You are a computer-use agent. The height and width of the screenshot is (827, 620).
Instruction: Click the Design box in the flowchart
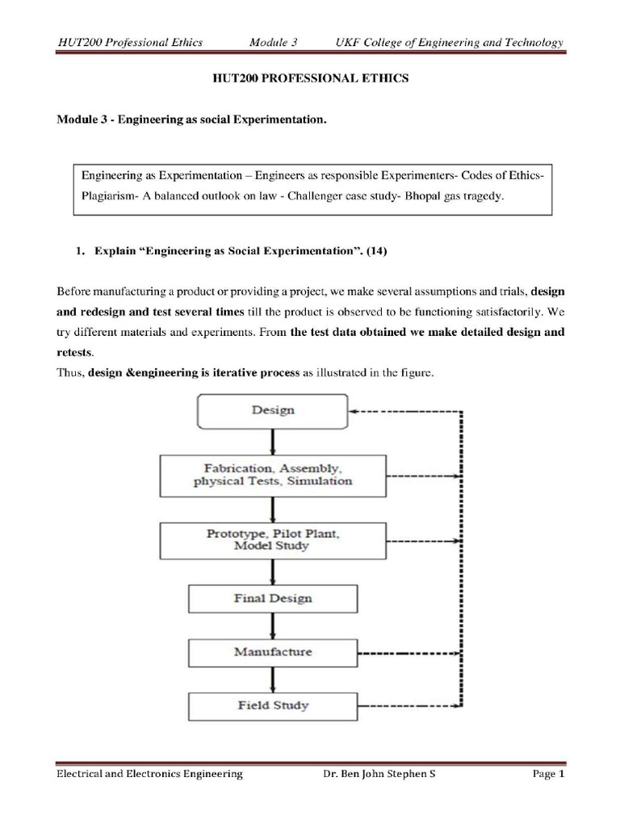pos(273,410)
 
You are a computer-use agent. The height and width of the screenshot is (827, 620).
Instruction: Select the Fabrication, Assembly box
pos(273,475)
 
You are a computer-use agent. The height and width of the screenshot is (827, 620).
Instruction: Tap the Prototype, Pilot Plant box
pos(273,539)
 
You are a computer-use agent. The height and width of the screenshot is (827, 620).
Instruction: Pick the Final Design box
pos(274,598)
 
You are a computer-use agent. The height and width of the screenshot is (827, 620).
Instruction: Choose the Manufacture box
pos(274,651)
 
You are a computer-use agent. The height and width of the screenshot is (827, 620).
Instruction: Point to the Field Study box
pos(273,705)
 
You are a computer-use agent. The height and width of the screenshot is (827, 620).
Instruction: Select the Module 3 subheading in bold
pos(191,120)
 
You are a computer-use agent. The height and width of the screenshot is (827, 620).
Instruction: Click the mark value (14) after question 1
pos(377,252)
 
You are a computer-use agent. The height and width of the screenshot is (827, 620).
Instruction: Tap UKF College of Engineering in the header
pos(420,43)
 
